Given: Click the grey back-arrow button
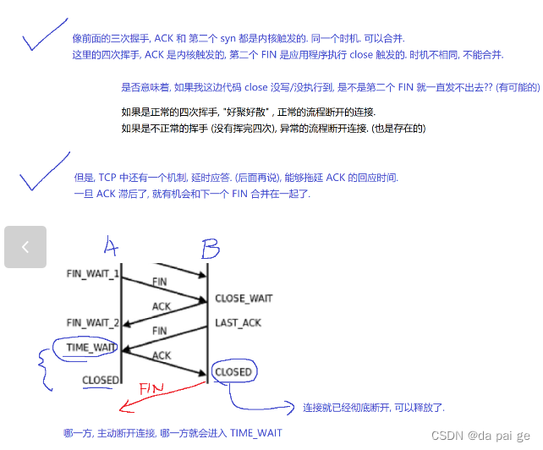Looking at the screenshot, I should pyautogui.click(x=25, y=247).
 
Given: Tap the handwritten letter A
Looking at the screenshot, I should pyautogui.click(x=111, y=247).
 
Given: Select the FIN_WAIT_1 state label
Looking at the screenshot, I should pyautogui.click(x=92, y=274).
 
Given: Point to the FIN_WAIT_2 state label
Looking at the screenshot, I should pyautogui.click(x=92, y=322).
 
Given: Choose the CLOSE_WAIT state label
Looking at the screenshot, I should pyautogui.click(x=244, y=299).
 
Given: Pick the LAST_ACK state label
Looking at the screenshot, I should pyautogui.click(x=238, y=323).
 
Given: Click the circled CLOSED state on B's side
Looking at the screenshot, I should pyautogui.click(x=233, y=371).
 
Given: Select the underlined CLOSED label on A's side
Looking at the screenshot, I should pyautogui.click(x=100, y=380).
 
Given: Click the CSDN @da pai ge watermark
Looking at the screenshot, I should pyautogui.click(x=481, y=435).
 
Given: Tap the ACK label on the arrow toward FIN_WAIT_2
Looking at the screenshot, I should pyautogui.click(x=162, y=306).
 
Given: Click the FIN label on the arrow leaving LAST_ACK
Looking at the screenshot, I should pyautogui.click(x=159, y=331).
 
